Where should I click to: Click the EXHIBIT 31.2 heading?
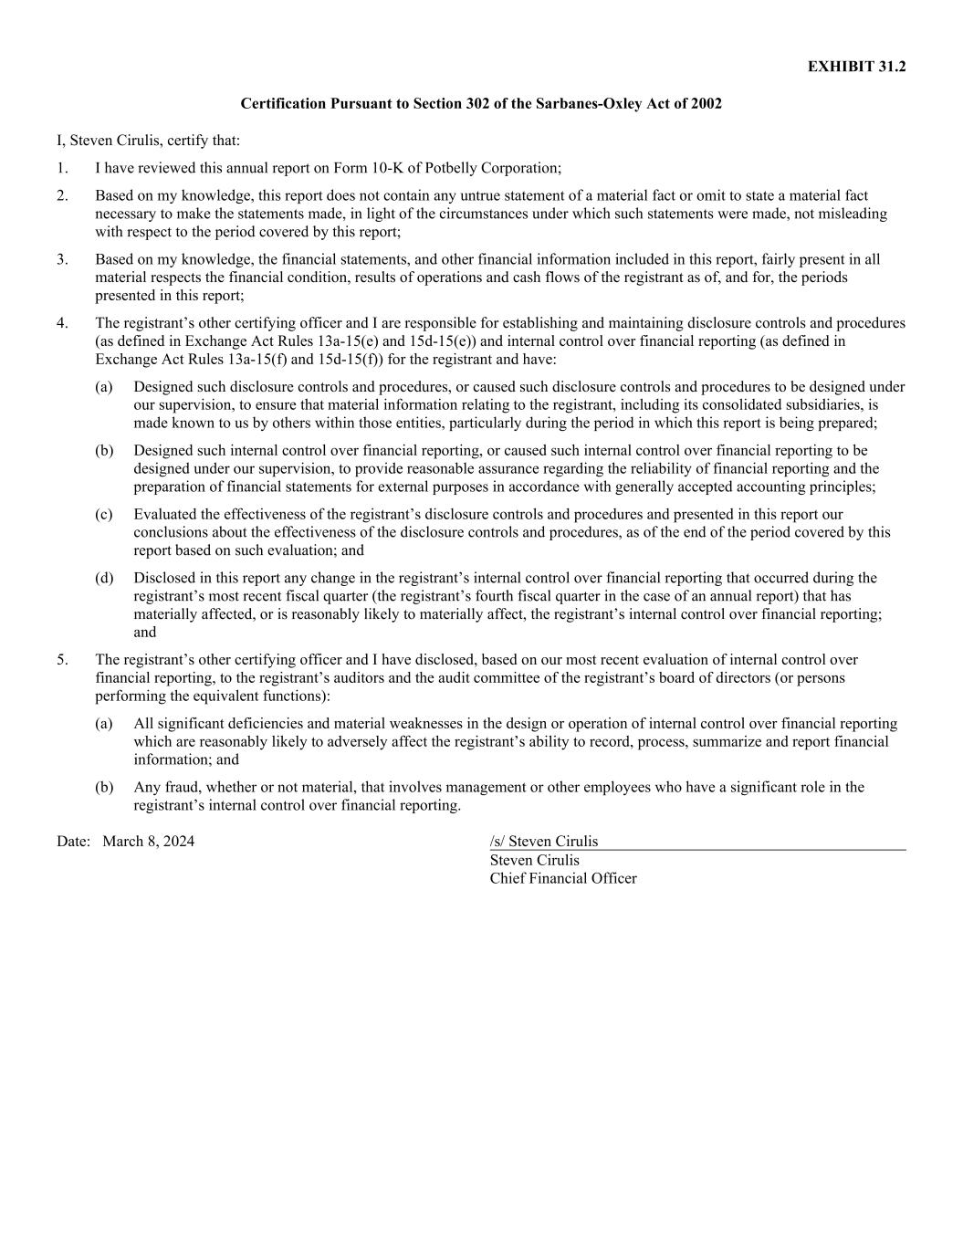coord(856,67)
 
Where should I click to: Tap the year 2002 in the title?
coord(706,104)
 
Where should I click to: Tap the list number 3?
coord(61,259)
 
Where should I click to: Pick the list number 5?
coord(61,659)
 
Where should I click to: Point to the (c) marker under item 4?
coord(104,515)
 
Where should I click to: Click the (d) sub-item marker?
coord(104,578)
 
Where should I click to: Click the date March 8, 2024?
coord(148,842)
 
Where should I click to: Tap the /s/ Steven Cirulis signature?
coord(544,842)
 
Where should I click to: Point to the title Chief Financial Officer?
coord(563,878)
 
